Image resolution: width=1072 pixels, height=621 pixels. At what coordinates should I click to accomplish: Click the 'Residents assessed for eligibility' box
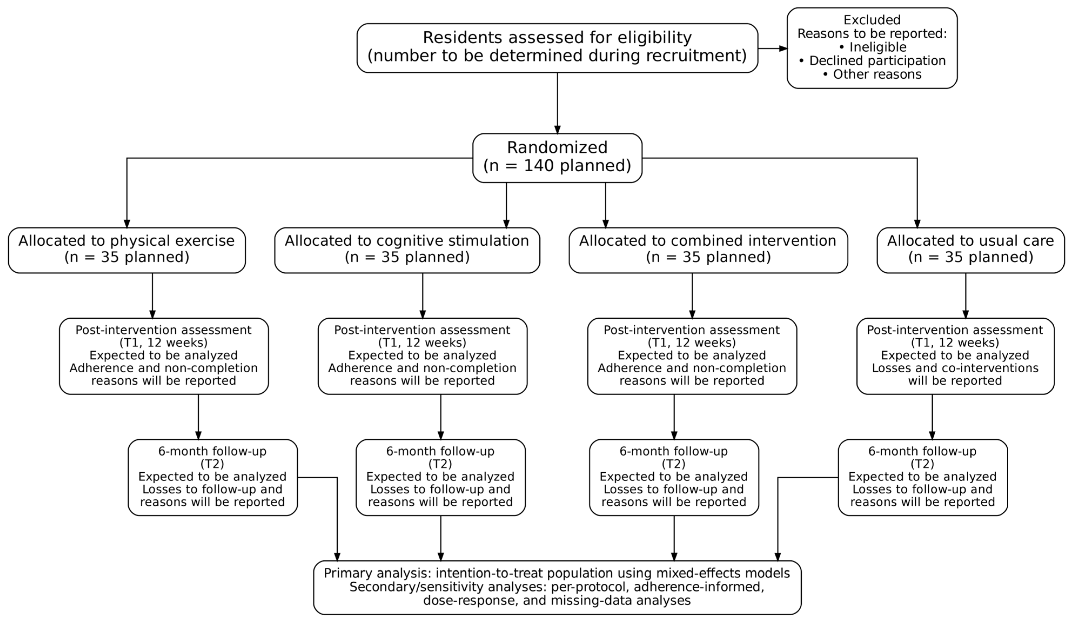557,48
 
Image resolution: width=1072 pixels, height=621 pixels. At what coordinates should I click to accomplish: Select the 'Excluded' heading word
872,20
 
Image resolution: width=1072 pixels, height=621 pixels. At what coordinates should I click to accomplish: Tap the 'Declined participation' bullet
872,61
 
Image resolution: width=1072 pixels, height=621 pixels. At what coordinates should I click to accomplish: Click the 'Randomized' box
557,158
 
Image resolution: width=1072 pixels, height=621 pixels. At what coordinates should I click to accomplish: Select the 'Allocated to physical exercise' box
127,250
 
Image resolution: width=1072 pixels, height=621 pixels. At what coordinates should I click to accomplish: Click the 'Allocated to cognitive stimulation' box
407,250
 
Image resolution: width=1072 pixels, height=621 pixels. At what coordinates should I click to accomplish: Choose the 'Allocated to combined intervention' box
708,250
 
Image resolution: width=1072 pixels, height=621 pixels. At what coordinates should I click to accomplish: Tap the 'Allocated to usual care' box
971,250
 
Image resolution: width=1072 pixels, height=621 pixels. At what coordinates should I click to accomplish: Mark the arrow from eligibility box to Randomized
557,103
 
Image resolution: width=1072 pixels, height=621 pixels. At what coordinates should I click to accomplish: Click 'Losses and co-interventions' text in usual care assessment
955,368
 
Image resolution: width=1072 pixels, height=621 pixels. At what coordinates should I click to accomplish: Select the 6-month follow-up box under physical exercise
213,478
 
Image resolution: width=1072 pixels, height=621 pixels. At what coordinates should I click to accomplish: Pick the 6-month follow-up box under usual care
923,478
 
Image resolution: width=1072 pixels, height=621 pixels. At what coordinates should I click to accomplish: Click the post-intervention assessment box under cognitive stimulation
422,356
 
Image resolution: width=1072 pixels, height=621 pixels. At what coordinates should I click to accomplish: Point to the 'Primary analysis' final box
557,587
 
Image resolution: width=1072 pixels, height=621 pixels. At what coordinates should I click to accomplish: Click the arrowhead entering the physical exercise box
127,223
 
